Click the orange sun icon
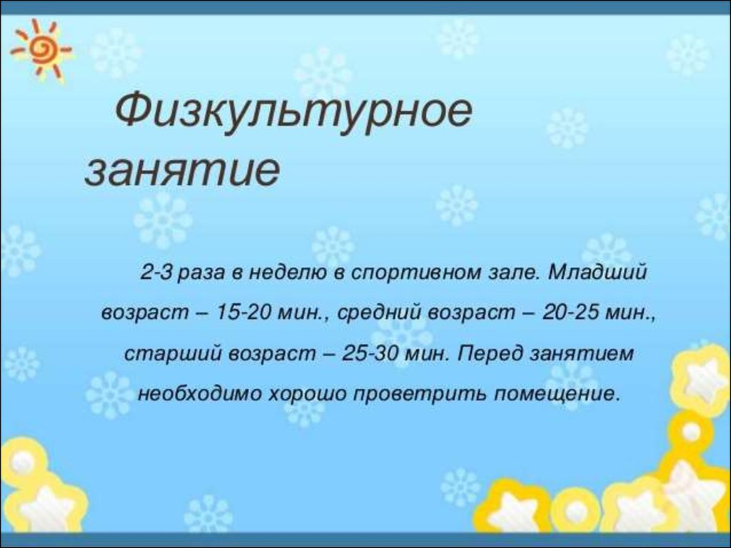point(41,48)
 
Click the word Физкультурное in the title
point(293,112)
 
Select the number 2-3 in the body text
point(157,272)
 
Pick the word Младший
point(598,272)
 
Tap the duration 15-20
point(244,313)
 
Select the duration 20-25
point(570,313)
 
